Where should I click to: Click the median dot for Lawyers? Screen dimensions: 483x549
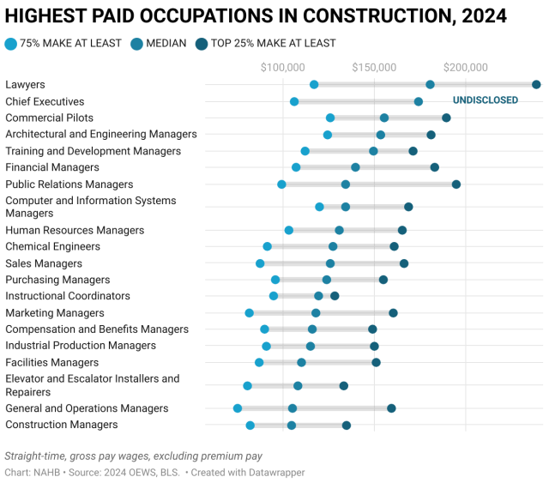pyautogui.click(x=430, y=84)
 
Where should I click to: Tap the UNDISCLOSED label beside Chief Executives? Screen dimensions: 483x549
pyautogui.click(x=486, y=100)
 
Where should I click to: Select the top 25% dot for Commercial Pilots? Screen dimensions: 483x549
pyautogui.click(x=446, y=118)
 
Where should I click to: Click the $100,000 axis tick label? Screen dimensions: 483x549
pyautogui.click(x=282, y=67)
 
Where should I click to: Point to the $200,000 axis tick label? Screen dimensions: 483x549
pyautogui.click(x=466, y=67)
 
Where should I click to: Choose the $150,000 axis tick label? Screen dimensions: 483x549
pyautogui.click(x=374, y=67)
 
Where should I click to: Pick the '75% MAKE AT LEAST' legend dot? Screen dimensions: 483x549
pyautogui.click(x=10, y=43)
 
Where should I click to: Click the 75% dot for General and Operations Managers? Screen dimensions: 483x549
pyautogui.click(x=238, y=408)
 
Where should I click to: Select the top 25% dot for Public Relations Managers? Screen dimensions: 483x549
pyautogui.click(x=456, y=184)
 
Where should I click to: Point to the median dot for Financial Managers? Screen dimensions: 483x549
pyautogui.click(x=355, y=167)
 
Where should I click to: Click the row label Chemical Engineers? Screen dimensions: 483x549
pyautogui.click(x=52, y=247)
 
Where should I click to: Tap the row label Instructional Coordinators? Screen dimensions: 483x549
pyautogui.click(x=68, y=296)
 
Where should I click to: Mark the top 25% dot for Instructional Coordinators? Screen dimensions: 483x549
pyautogui.click(x=335, y=296)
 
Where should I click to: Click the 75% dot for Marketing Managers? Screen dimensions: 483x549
pyautogui.click(x=250, y=313)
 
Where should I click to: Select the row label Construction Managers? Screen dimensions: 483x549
pyautogui.click(x=62, y=425)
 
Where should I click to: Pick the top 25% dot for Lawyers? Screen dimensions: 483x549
pyautogui.click(x=536, y=84)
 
